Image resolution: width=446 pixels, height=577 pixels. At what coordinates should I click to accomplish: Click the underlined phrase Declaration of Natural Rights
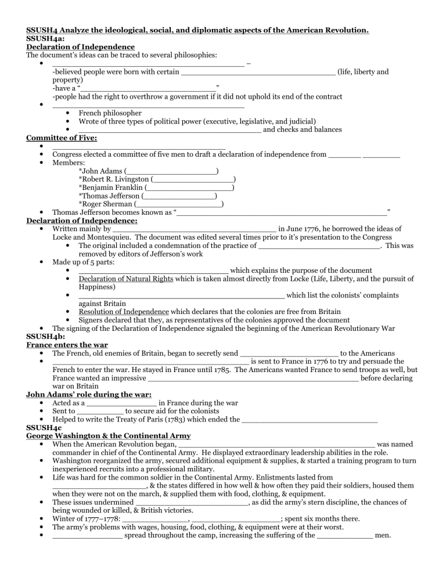click(x=125, y=279)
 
